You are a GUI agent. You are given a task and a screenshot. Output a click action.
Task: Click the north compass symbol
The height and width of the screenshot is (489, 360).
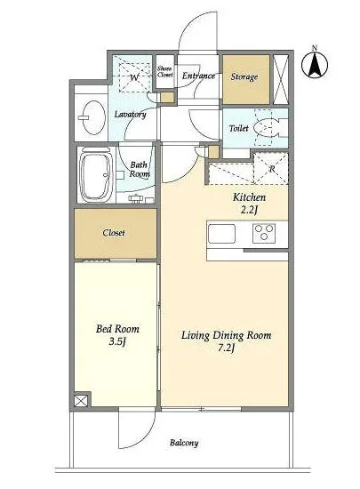click(315, 63)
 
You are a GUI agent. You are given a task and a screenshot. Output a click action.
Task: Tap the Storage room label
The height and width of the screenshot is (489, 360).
click(244, 76)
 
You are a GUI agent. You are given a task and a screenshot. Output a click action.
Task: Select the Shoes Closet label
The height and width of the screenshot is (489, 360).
click(164, 71)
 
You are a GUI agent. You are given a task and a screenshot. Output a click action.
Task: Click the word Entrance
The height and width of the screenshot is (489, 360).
click(198, 76)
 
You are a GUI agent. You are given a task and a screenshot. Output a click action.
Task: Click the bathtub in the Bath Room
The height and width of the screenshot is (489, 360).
click(96, 174)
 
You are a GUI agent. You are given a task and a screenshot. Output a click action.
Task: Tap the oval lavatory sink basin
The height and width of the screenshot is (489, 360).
click(93, 117)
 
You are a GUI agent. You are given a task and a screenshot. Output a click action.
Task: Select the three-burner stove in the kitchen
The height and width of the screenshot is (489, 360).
click(264, 233)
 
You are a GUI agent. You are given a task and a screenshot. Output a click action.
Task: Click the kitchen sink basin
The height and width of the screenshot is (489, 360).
click(221, 233)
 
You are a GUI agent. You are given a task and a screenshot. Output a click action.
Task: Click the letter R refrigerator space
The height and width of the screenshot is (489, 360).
click(271, 168)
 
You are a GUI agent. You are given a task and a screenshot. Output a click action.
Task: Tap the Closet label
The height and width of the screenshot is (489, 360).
click(114, 233)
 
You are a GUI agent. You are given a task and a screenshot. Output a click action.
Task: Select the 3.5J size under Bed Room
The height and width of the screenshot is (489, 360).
click(117, 342)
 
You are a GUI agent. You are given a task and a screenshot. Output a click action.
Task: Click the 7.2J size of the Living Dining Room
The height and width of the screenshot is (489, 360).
click(227, 349)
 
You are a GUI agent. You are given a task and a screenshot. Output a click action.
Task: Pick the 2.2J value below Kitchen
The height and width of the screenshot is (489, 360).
click(250, 211)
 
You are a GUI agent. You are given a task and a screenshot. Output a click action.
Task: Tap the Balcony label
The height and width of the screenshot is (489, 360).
click(184, 443)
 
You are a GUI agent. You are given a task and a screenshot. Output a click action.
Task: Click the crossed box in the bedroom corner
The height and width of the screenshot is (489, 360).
click(81, 401)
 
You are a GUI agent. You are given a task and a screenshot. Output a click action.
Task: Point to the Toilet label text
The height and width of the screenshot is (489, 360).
click(239, 128)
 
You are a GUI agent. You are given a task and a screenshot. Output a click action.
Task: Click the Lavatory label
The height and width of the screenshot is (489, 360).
click(130, 115)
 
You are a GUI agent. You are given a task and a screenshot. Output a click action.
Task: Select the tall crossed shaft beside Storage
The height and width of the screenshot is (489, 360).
click(280, 79)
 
